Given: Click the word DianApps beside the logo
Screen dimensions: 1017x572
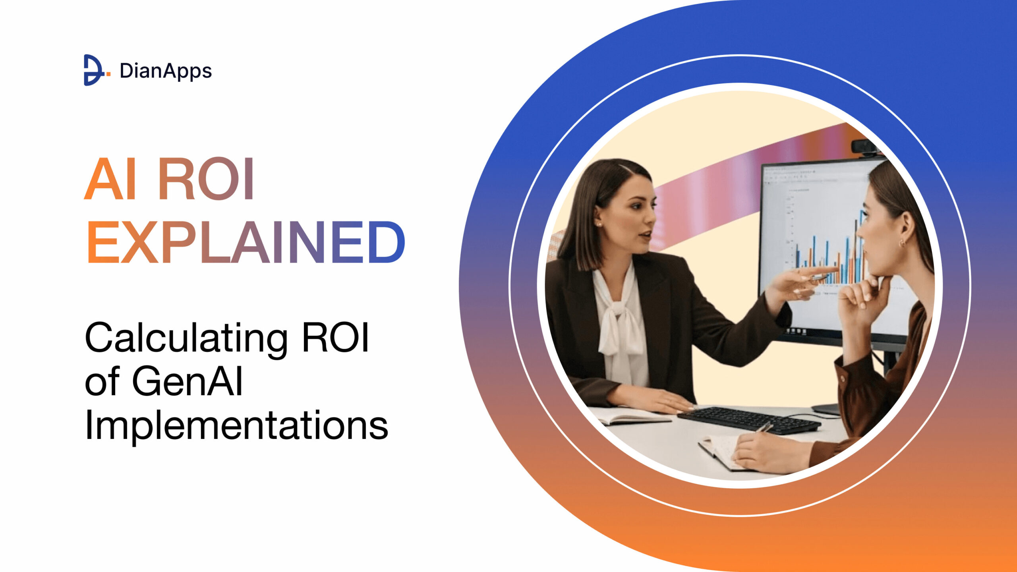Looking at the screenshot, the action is click(x=166, y=71).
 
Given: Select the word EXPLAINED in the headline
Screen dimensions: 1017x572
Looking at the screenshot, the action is click(x=246, y=242).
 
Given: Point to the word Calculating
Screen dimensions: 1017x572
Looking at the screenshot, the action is click(x=186, y=338).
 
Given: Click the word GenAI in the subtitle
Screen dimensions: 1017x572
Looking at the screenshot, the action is click(x=187, y=381).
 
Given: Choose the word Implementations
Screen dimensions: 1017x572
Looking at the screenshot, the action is click(x=236, y=426).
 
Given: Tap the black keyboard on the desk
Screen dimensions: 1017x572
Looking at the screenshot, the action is click(x=749, y=420).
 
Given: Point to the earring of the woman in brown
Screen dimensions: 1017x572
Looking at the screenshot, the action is click(x=902, y=242).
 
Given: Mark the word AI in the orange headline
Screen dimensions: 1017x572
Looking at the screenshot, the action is click(x=110, y=179).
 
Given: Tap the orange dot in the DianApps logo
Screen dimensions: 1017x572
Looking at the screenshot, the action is click(x=108, y=73).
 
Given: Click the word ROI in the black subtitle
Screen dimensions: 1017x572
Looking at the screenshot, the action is click(x=336, y=338).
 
